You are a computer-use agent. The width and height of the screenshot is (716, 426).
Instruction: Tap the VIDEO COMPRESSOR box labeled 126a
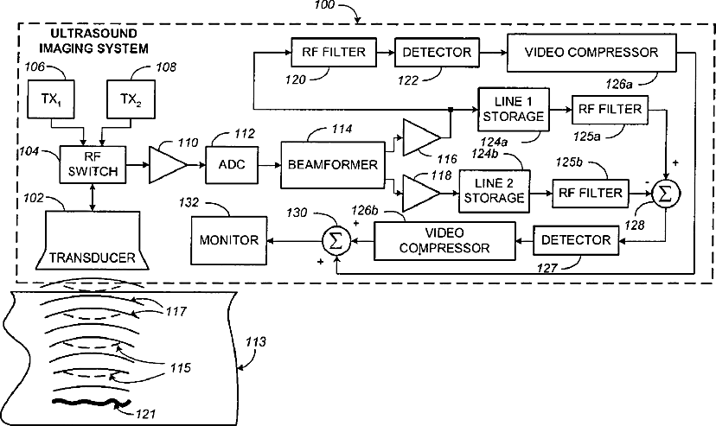coord(591,52)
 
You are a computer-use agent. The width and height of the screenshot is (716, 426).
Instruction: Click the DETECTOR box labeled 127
coord(577,238)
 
